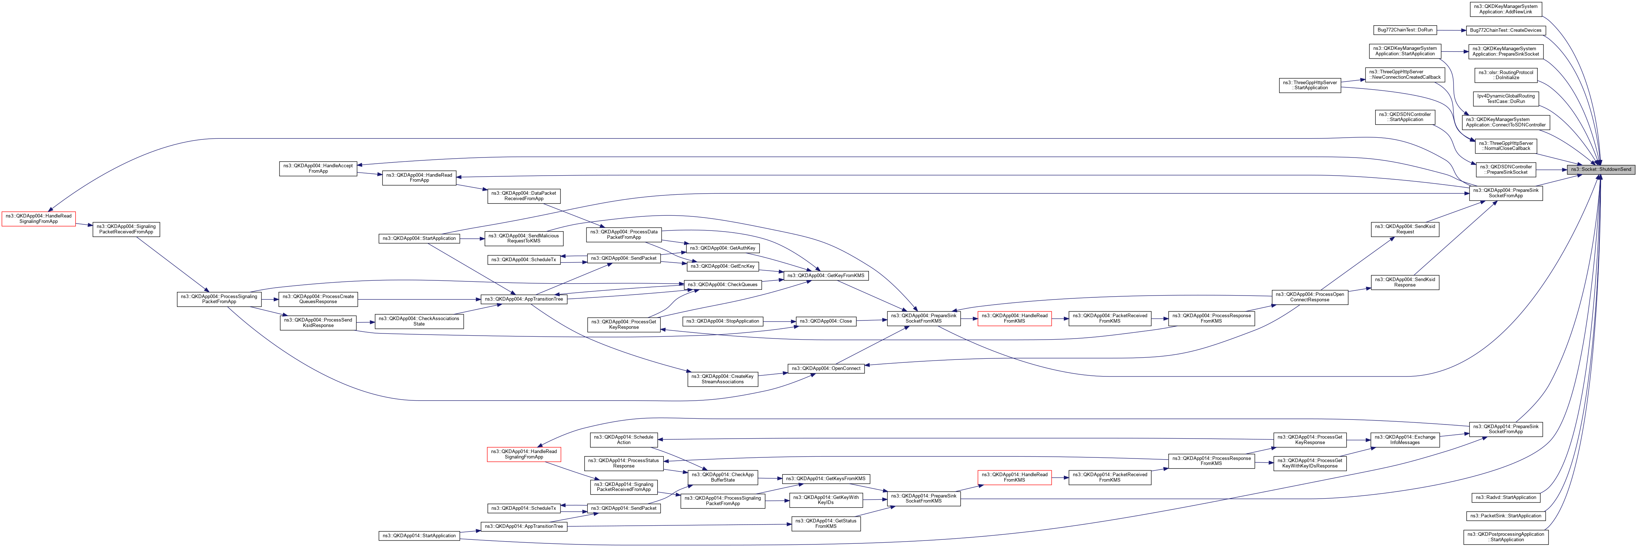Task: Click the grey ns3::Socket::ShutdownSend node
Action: click(1600, 169)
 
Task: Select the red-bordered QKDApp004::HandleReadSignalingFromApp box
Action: click(38, 219)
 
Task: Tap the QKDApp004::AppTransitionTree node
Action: click(523, 299)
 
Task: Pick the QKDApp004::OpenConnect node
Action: click(826, 368)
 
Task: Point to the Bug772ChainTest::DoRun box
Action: click(1404, 30)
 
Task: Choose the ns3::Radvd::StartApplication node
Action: click(1506, 498)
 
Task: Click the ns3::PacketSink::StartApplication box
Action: click(1506, 516)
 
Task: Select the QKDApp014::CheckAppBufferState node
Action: click(723, 477)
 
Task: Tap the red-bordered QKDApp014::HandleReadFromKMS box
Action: click(1014, 477)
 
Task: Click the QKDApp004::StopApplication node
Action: click(723, 321)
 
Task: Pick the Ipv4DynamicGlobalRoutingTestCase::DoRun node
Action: click(1506, 99)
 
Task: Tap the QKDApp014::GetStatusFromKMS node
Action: click(826, 524)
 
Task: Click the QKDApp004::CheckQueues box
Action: click(723, 284)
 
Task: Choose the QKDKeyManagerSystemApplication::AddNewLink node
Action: click(1506, 9)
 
